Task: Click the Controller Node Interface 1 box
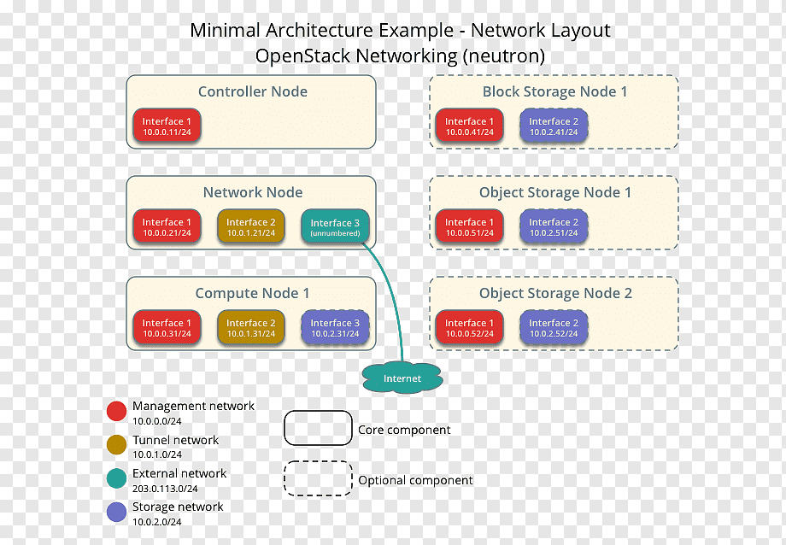(x=167, y=126)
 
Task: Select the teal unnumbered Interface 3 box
(x=335, y=226)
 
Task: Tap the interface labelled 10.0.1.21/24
(x=250, y=226)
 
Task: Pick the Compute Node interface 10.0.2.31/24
(x=335, y=327)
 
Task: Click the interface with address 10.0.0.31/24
(x=167, y=327)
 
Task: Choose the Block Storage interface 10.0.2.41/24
(x=554, y=126)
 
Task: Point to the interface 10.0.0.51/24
(x=469, y=226)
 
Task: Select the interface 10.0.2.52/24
(x=554, y=327)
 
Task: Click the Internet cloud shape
(x=402, y=378)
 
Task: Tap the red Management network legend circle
(x=116, y=411)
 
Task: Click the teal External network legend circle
(x=116, y=478)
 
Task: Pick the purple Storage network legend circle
(x=116, y=512)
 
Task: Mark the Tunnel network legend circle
(x=116, y=445)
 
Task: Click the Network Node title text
(x=253, y=192)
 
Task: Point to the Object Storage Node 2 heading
(x=555, y=293)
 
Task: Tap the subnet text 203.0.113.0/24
(x=165, y=489)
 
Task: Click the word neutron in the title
(x=502, y=56)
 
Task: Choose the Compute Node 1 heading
(x=252, y=293)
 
